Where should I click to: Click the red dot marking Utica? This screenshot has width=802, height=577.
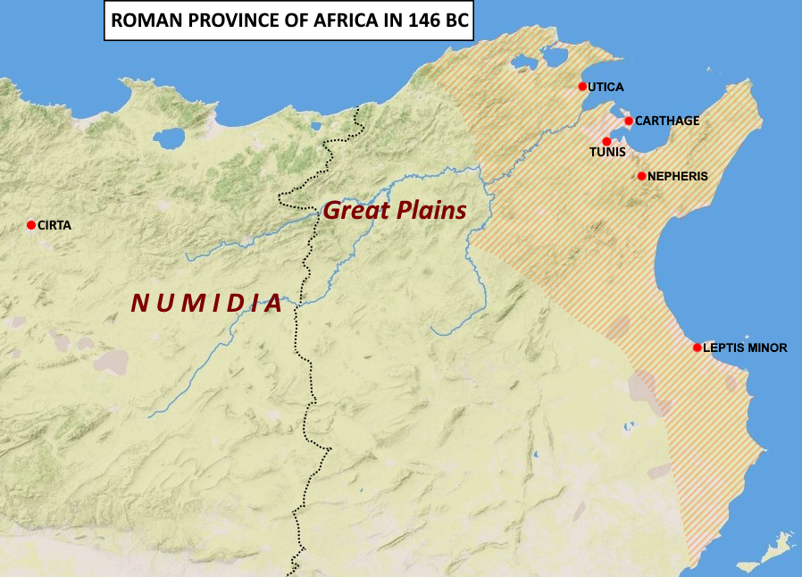pos(582,87)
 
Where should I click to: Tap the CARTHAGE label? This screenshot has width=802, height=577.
pos(667,121)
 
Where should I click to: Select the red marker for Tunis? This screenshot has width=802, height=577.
pos(607,141)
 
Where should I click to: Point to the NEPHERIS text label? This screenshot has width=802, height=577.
pos(678,177)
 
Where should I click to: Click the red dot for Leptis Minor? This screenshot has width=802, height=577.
pos(698,347)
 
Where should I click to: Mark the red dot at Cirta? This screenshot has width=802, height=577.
pos(31,225)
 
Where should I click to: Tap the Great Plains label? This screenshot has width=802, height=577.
pos(395,211)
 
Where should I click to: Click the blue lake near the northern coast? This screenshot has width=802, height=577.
pos(169,138)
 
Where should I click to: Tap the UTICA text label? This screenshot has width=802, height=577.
pos(606,88)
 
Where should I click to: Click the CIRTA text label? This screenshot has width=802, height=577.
pos(54,226)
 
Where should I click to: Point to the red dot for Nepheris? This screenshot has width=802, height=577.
pos(641,176)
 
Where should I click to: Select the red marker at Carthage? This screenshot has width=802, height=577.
pos(629,121)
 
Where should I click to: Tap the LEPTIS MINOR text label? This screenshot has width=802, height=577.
pos(745,348)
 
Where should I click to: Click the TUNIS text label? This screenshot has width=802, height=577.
pos(607,154)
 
